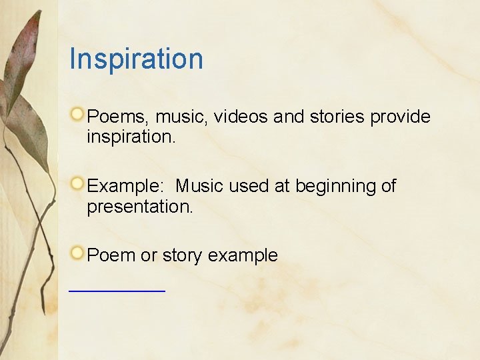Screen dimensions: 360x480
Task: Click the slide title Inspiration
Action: [136, 59]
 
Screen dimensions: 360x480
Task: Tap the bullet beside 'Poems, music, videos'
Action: [79, 113]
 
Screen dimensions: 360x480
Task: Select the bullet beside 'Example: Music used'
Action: [79, 183]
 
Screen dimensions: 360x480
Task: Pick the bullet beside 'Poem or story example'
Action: [79, 252]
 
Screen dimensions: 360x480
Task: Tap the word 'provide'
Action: [400, 117]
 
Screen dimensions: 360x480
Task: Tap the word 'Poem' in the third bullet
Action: [111, 255]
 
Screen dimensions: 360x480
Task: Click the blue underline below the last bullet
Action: [117, 291]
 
